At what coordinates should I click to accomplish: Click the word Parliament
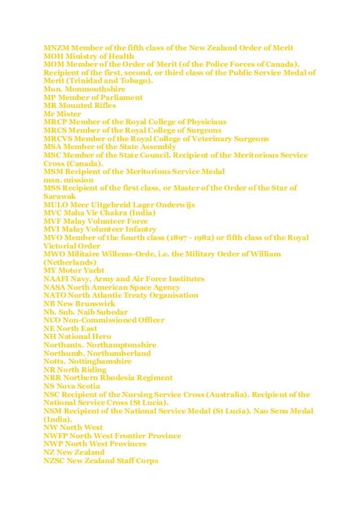pos(119,97)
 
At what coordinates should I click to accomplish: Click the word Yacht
pos(91,271)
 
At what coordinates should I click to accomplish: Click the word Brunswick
pos(95,303)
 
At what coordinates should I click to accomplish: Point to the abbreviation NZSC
pos(54,461)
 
